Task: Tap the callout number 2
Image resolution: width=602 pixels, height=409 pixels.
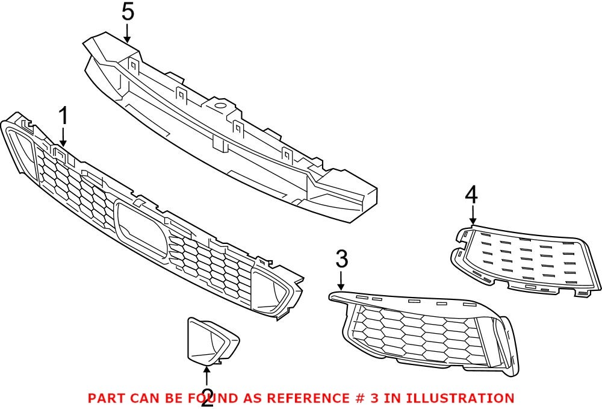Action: coord(207,398)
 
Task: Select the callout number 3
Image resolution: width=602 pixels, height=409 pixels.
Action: coord(341,260)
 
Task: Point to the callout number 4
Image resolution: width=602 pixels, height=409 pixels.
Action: coord(471,195)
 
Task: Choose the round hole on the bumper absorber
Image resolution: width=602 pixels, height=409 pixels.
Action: coord(220,109)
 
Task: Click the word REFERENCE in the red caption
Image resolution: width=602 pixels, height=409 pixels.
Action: coord(306,398)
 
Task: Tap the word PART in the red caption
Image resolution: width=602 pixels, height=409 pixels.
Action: coord(107,398)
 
